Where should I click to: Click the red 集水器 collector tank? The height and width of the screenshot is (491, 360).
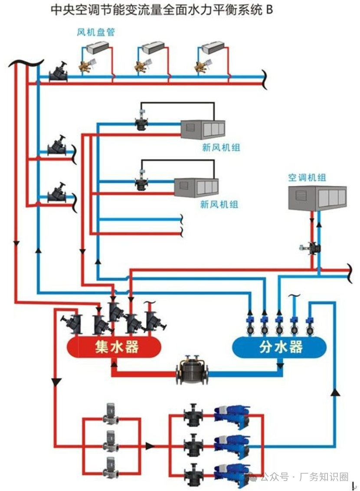coord(114,347)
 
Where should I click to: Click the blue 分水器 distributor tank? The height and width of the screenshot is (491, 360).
coord(280,347)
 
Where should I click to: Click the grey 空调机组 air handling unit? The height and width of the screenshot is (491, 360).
coord(317,198)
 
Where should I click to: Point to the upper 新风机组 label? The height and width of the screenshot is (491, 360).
coord(221,148)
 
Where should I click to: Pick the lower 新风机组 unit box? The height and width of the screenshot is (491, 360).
coord(196,187)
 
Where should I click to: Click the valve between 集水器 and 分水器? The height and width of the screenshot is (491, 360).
coord(192,371)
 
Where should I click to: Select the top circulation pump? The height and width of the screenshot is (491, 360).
coord(110,414)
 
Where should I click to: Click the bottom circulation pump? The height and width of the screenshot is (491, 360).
coord(110,468)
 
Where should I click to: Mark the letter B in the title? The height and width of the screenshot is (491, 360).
coord(269,10)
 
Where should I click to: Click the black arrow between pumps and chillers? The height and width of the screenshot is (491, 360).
coord(150,446)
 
